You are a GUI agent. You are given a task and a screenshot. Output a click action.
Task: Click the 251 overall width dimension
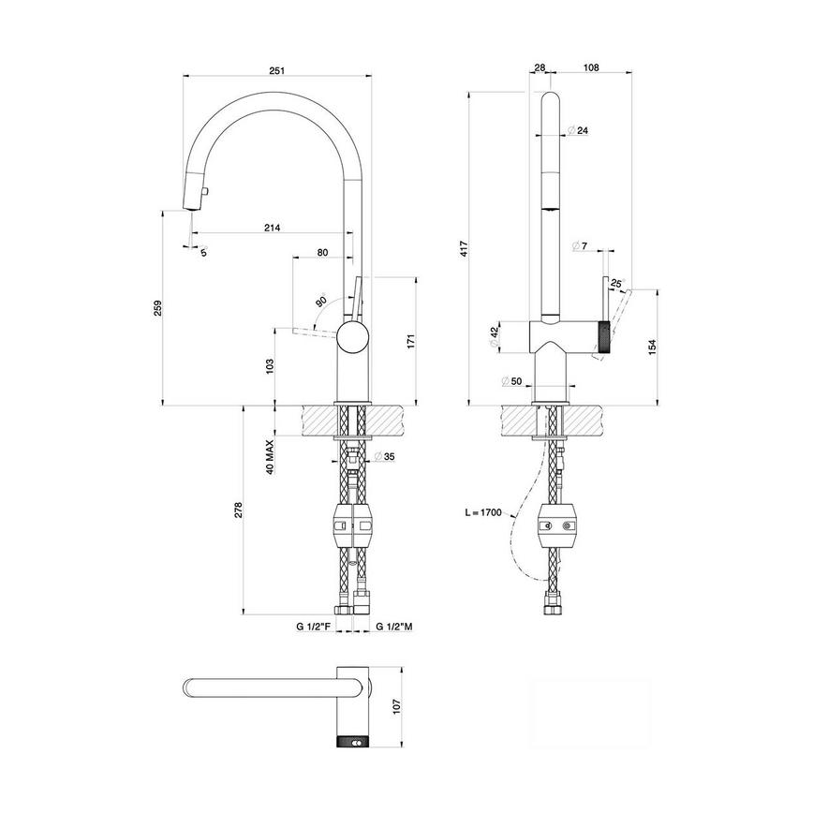275,69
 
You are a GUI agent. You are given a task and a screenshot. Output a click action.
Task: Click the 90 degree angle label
321,303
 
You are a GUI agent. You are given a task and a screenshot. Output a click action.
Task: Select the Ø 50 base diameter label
510,381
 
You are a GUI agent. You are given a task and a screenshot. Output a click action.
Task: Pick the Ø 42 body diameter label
495,337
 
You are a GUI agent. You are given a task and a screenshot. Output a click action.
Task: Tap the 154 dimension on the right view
652,347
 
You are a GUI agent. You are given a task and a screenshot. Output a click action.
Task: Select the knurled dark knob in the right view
604,336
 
